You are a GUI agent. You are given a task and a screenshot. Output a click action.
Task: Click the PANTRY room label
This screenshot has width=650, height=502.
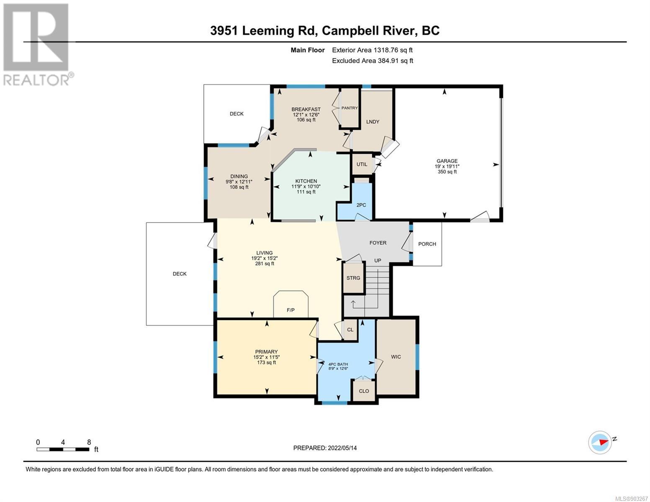pos(349,108)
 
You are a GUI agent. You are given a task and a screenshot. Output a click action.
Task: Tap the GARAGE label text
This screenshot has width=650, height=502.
pos(447,161)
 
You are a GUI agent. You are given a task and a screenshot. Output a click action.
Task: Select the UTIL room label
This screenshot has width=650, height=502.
pos(362,164)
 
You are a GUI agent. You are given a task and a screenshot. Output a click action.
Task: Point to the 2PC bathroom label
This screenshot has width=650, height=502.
pos(361,205)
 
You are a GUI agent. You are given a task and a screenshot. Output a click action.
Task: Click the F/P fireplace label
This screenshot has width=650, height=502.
pos(290,310)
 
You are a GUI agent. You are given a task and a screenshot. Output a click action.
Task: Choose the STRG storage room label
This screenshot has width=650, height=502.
pos(353,278)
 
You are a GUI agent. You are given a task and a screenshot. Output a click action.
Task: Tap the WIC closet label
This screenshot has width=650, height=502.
pos(396,357)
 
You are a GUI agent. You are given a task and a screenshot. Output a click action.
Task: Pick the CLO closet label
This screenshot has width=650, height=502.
pos(364,391)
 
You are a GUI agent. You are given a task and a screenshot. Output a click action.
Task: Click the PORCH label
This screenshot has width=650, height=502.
pos(427,244)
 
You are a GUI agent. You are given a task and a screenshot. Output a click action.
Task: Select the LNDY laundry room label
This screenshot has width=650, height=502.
pos(373,122)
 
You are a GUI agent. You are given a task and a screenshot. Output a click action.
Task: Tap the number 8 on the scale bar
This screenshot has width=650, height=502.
pos(89,442)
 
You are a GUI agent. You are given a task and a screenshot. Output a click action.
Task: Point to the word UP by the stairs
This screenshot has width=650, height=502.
pos(378,261)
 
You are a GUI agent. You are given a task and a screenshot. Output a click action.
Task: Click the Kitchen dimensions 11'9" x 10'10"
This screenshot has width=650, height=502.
pos(306,187)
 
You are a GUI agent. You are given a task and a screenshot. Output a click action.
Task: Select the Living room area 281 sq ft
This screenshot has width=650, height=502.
pos(265,264)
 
